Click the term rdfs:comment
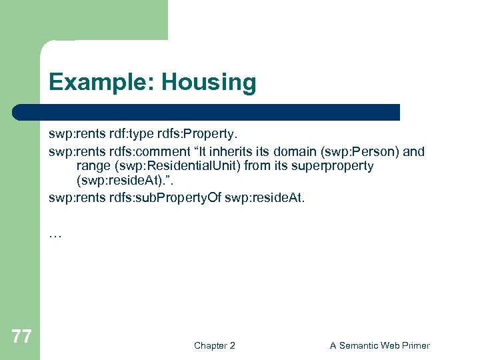tap(133, 151)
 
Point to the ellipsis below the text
tap(55, 233)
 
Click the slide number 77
tap(21, 337)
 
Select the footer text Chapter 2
tap(214, 345)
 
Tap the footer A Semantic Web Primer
tap(380, 345)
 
